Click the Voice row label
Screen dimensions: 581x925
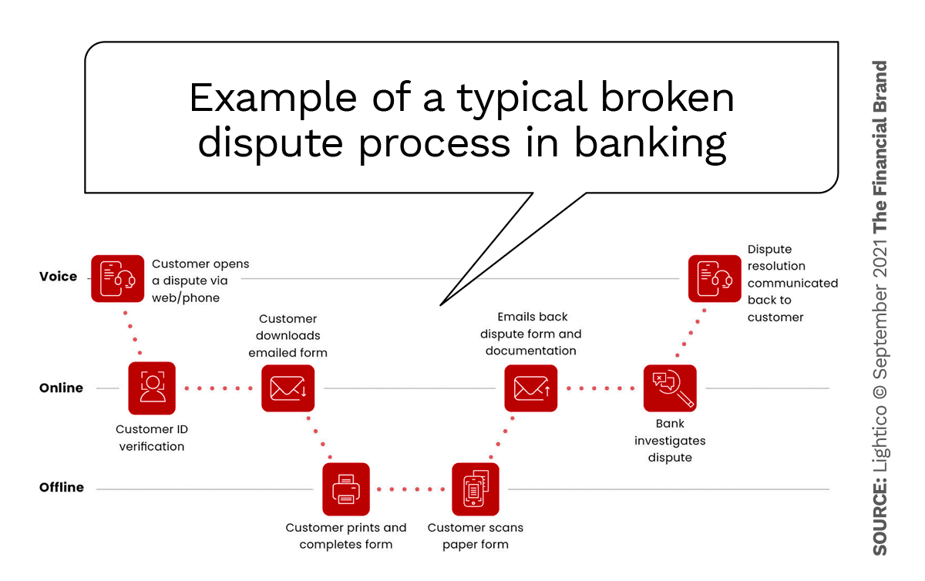click(x=59, y=277)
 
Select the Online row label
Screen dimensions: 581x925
click(x=61, y=388)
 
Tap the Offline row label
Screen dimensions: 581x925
click(x=62, y=488)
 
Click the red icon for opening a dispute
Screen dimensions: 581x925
click(x=117, y=278)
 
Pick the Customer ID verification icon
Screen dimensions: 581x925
click(x=152, y=388)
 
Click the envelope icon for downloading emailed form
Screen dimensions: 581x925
click(x=288, y=388)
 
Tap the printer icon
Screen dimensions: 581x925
click(x=346, y=489)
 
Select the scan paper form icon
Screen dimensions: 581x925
click(x=476, y=489)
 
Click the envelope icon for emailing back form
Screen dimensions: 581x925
click(x=530, y=388)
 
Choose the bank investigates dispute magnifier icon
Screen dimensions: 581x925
click(x=670, y=388)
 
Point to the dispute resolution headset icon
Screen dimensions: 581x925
click(x=715, y=278)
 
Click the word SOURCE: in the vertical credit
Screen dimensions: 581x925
click(x=880, y=518)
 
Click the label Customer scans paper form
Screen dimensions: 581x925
click(x=476, y=536)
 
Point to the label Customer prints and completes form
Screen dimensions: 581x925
click(x=346, y=536)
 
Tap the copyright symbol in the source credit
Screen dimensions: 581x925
click(x=880, y=391)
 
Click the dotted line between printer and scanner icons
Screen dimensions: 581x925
click(x=411, y=489)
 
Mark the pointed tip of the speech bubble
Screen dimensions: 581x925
click(x=440, y=304)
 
